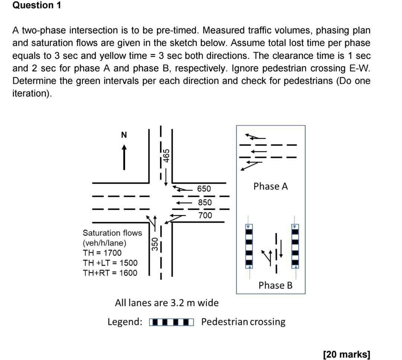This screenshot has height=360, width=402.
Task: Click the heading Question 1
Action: tap(36, 6)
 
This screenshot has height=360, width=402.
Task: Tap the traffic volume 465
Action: tap(167, 155)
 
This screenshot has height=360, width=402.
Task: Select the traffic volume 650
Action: tap(204, 189)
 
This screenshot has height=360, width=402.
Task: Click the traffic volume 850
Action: tap(205, 202)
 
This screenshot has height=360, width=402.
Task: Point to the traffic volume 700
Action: tap(205, 215)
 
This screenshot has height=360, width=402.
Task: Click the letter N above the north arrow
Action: tap(124, 135)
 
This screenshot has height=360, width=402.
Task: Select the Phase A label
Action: tap(271, 186)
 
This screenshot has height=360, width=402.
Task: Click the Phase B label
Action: tap(275, 285)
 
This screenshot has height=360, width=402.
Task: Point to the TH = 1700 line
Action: tap(102, 253)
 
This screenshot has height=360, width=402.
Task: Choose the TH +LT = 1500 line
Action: tap(110, 263)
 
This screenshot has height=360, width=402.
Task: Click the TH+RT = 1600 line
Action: tap(110, 273)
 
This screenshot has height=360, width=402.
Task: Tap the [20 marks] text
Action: tap(347, 354)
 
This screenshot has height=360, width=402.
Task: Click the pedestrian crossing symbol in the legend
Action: tap(171, 322)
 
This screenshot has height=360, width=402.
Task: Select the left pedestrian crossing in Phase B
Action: tap(249, 246)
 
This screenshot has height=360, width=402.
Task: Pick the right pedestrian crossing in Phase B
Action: tap(295, 246)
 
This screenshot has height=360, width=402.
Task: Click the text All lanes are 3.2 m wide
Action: tap(167, 303)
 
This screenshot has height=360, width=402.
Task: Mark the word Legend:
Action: tap(125, 322)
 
